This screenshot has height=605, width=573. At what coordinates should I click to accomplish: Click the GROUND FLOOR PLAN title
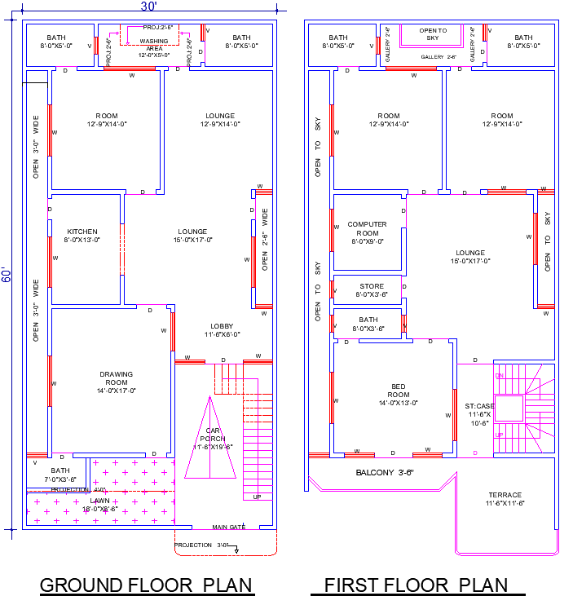[x=146, y=585]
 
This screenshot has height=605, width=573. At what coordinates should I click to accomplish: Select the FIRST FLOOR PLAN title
[x=415, y=585]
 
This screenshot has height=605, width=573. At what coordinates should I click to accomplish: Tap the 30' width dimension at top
[x=148, y=7]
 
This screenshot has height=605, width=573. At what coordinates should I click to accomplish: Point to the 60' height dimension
[x=7, y=274]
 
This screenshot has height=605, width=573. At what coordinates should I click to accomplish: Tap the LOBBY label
[x=222, y=329]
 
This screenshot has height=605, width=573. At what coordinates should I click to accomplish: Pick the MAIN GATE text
[x=228, y=527]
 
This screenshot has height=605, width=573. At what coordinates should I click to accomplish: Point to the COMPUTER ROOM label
[x=367, y=228]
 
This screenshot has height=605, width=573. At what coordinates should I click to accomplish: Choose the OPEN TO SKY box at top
[x=433, y=33]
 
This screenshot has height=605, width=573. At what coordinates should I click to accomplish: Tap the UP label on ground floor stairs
[x=257, y=497]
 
